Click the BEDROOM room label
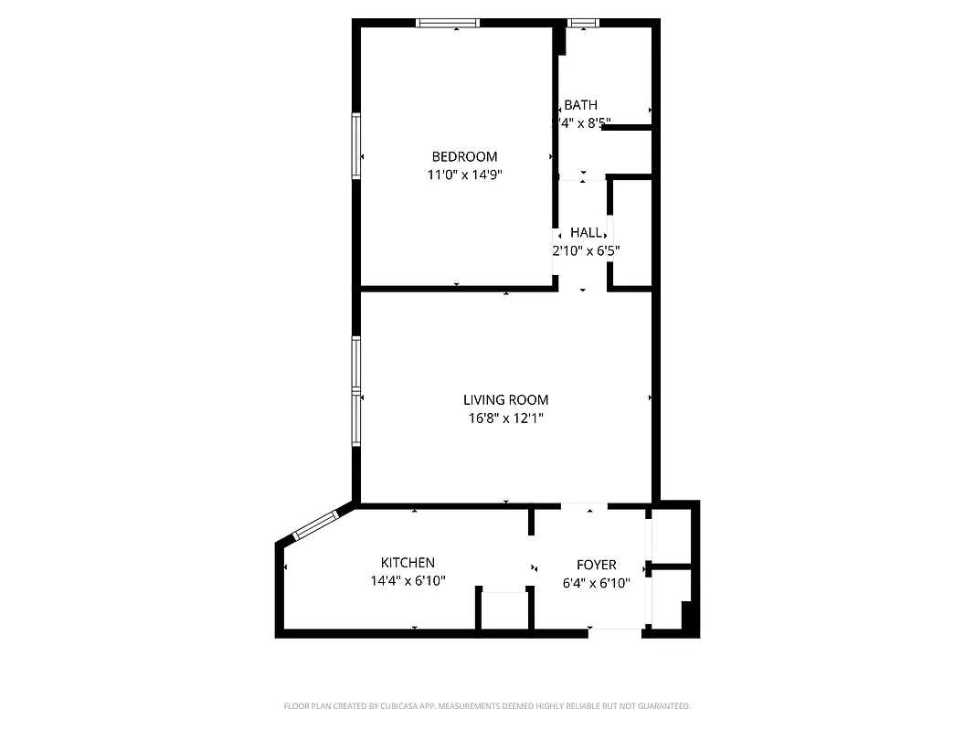[464, 156]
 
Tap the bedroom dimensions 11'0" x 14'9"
[464, 175]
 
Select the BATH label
[580, 105]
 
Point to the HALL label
[586, 233]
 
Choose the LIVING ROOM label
[505, 399]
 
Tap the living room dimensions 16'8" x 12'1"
[505, 418]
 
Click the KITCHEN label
[408, 562]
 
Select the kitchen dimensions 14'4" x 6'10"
[408, 580]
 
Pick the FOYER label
[596, 565]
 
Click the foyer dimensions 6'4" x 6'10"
[596, 583]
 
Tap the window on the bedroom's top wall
[448, 23]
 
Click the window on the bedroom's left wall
[356, 144]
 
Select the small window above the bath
[582, 23]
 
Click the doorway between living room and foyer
[584, 505]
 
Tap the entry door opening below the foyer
[614, 630]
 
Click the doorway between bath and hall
[582, 176]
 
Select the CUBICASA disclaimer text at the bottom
[487, 706]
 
